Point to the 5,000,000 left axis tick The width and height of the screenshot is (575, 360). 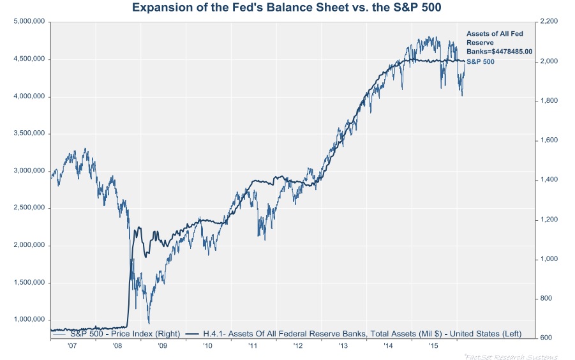tap(29, 22)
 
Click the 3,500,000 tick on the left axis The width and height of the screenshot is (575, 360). tap(29, 133)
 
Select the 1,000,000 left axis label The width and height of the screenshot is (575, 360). tap(29, 320)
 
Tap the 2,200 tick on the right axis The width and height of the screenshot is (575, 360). tap(549, 22)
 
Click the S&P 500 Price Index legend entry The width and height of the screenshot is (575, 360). tap(118, 333)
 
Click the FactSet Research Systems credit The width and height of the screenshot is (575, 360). tap(511, 356)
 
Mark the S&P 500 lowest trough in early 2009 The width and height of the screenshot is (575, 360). tap(149, 323)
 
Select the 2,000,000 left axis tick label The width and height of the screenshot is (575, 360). tap(29, 245)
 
